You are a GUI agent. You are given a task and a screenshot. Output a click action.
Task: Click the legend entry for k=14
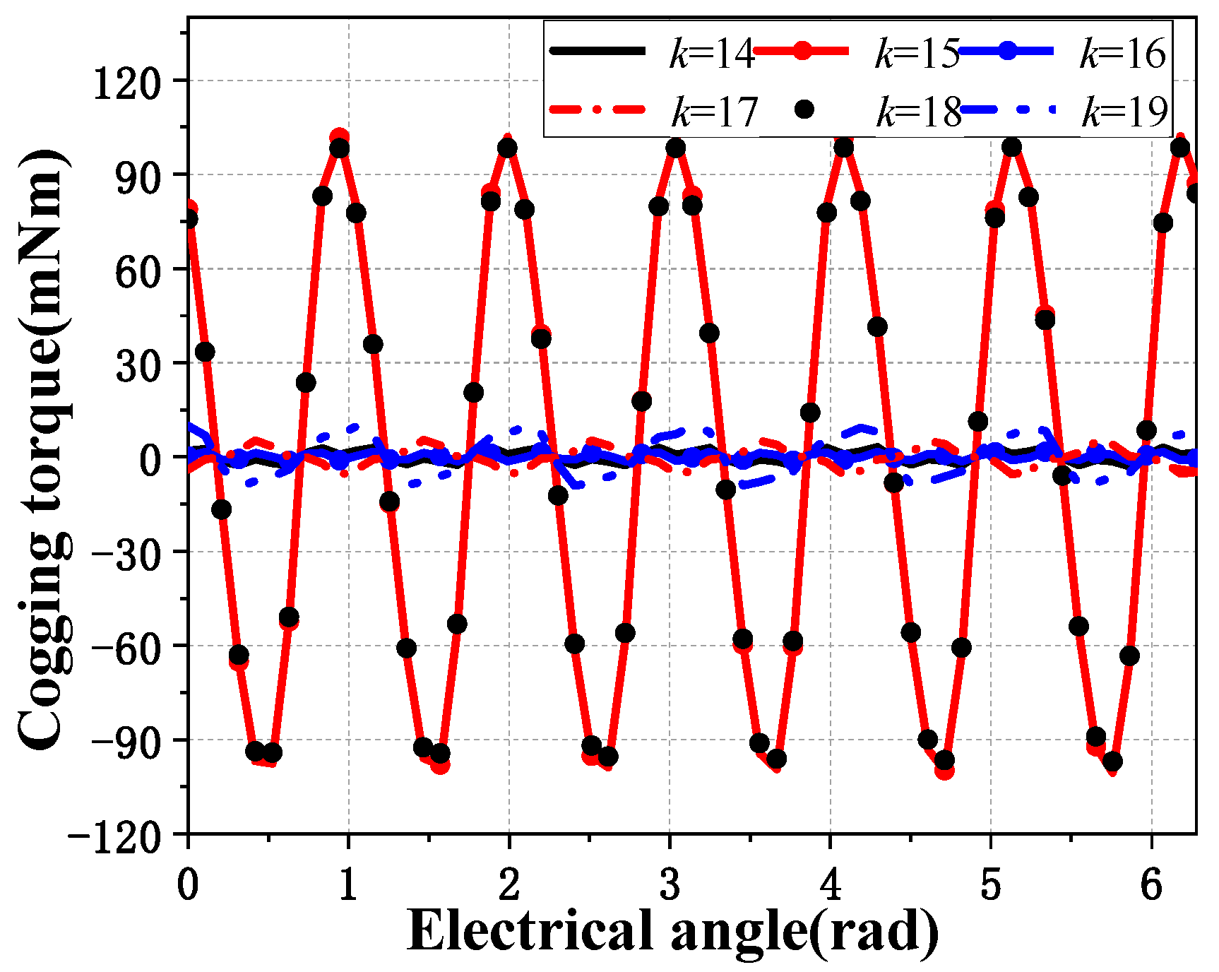tap(712, 53)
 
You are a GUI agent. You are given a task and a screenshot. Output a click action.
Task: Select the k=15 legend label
tap(917, 53)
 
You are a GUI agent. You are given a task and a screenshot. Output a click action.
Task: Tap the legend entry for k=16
tap(1122, 53)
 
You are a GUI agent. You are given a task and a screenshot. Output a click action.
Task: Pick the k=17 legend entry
tap(714, 112)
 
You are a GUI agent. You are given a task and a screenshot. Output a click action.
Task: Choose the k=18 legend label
tap(919, 112)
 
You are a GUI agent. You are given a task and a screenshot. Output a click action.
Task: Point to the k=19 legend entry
tap(1124, 112)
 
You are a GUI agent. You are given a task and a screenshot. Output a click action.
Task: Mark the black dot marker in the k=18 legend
tap(804, 110)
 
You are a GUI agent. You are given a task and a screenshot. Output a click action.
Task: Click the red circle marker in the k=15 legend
tap(802, 51)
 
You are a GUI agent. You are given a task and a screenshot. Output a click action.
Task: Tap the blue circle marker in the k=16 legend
tap(1007, 51)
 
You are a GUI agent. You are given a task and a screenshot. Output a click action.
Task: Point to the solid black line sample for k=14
tap(597, 51)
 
